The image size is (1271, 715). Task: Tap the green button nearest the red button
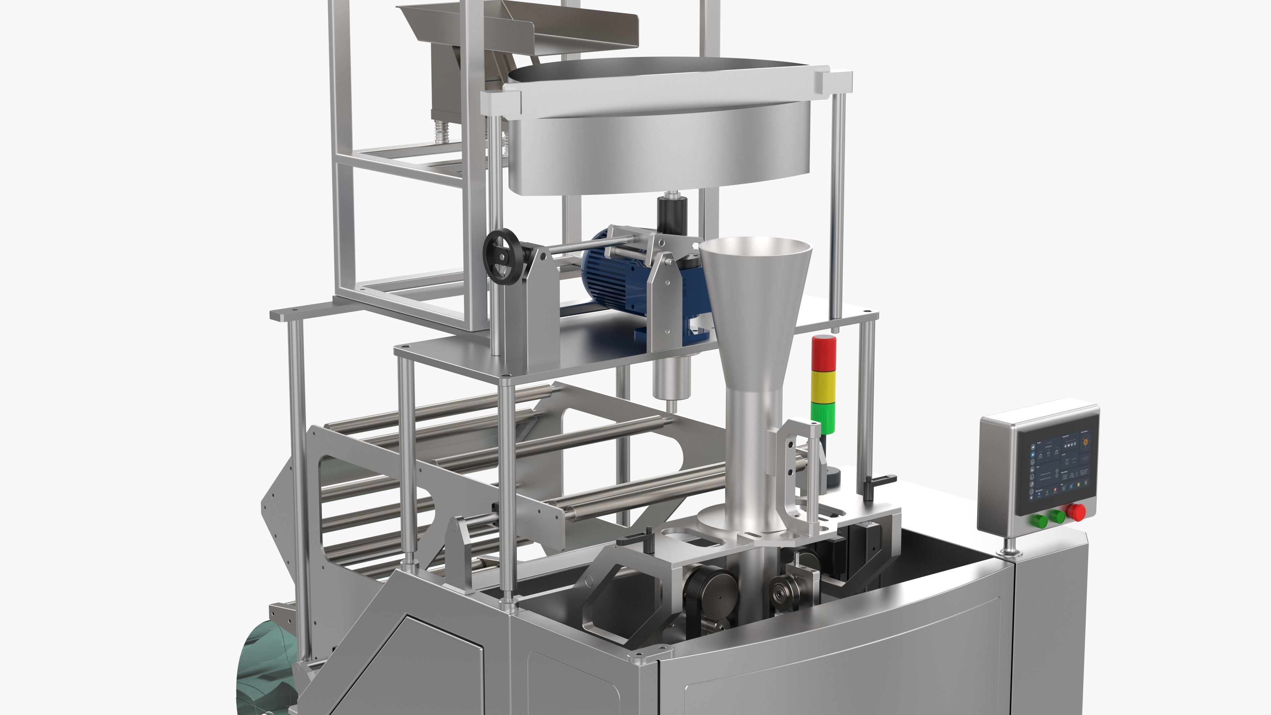click(1057, 517)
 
